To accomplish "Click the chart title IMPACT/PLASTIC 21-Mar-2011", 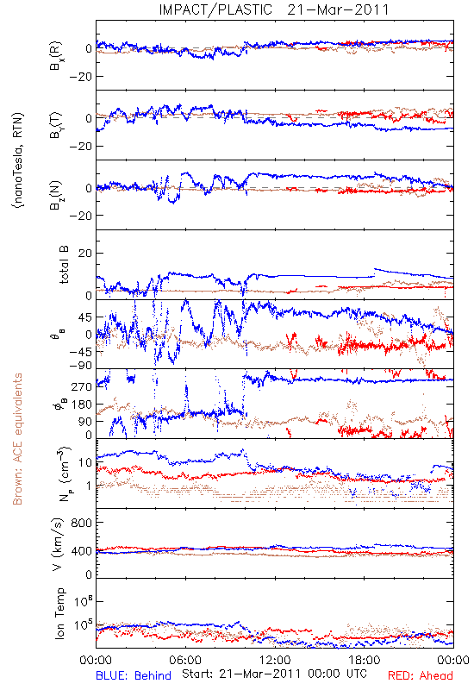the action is point(274,9).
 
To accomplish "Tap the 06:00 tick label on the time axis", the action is point(185,660).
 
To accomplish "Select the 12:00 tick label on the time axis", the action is point(275,660).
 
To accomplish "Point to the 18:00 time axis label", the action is point(365,660).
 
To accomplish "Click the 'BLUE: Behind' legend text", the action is point(134,675).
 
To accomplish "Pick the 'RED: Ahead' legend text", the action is point(421,675).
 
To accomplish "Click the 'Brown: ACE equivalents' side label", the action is point(17,439).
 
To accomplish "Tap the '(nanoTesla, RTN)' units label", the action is point(18,160).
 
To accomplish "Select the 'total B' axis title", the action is point(64,265).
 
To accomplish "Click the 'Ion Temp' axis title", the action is point(59,613).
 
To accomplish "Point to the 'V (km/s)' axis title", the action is point(58,544).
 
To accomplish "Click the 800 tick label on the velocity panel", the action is point(81,523).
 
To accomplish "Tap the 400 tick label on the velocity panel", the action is point(81,551).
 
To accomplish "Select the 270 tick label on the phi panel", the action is point(81,386).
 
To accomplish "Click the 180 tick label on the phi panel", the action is point(81,404).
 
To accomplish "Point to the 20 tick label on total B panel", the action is point(84,254).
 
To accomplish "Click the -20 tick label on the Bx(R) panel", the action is point(80,77).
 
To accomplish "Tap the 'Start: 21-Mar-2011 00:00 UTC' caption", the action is point(274,674).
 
